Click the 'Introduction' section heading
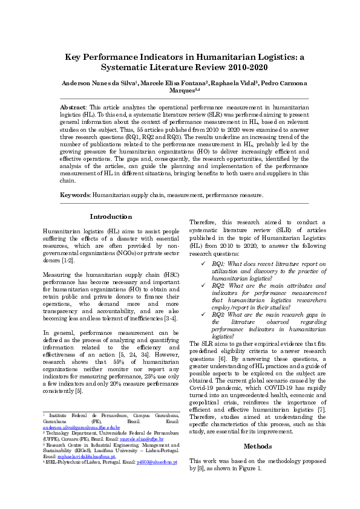point(111,216)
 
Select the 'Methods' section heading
point(258,446)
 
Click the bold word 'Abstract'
point(73,106)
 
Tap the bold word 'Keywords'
point(74,195)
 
